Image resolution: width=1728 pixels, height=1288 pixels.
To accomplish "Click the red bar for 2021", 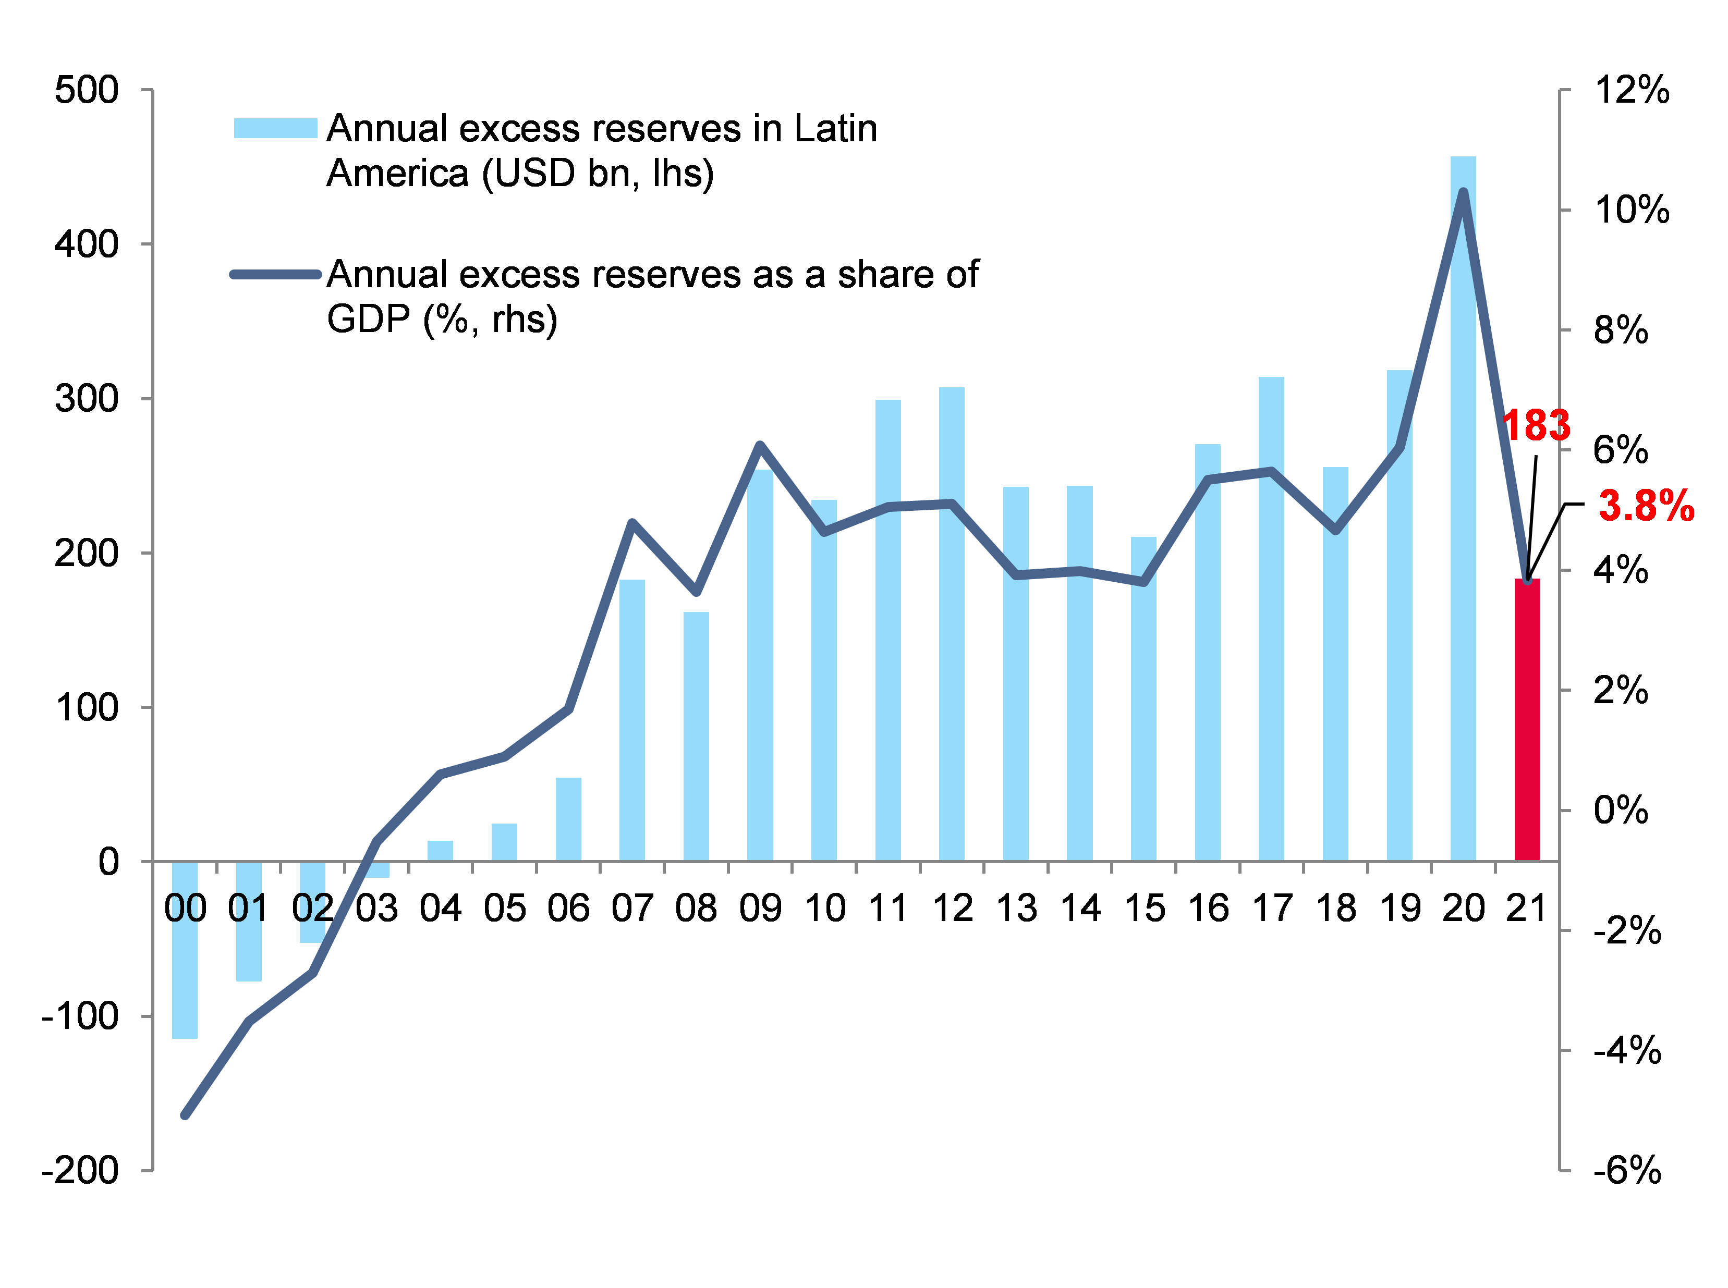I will click(x=1527, y=721).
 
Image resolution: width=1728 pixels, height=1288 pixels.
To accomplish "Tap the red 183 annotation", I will click(x=1536, y=426).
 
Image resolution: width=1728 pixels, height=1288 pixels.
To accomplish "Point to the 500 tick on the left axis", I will click(x=87, y=91).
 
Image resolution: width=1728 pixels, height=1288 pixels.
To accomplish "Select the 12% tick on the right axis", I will click(x=1632, y=91).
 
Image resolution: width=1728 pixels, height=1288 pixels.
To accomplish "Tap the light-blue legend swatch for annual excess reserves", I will click(x=275, y=129).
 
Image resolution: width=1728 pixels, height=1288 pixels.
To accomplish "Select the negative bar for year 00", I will click(x=185, y=950).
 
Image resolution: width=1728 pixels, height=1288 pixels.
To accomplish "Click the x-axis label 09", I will click(x=760, y=909).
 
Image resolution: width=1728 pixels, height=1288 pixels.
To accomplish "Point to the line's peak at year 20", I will click(x=1463, y=192).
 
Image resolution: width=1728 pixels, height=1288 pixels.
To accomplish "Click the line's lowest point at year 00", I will click(x=185, y=1115).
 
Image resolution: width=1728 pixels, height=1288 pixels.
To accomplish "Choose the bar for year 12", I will click(x=951, y=624).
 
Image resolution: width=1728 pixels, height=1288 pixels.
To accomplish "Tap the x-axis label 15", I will click(x=1144, y=909).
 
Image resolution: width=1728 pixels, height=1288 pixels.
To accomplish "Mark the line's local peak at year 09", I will click(x=760, y=445).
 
